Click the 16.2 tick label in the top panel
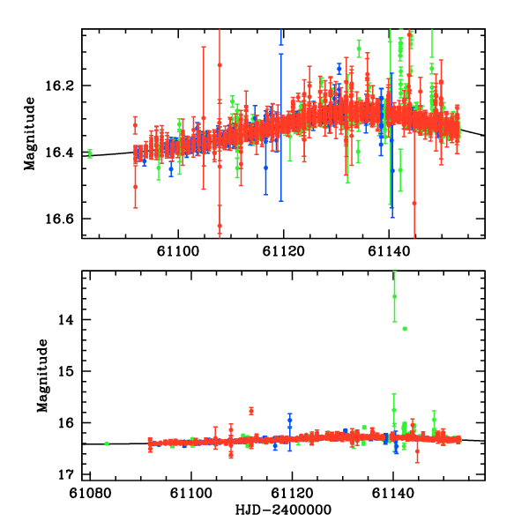point(66,86)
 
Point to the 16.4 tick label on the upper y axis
point(66,153)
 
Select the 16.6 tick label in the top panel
point(66,219)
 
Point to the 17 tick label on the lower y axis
point(71,474)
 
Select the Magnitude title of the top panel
point(31,132)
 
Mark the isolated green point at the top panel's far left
point(90,153)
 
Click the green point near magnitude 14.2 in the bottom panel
point(405,329)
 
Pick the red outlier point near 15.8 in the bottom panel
point(251,411)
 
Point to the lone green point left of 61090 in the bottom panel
point(107,443)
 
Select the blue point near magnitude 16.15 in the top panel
point(339,68)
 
